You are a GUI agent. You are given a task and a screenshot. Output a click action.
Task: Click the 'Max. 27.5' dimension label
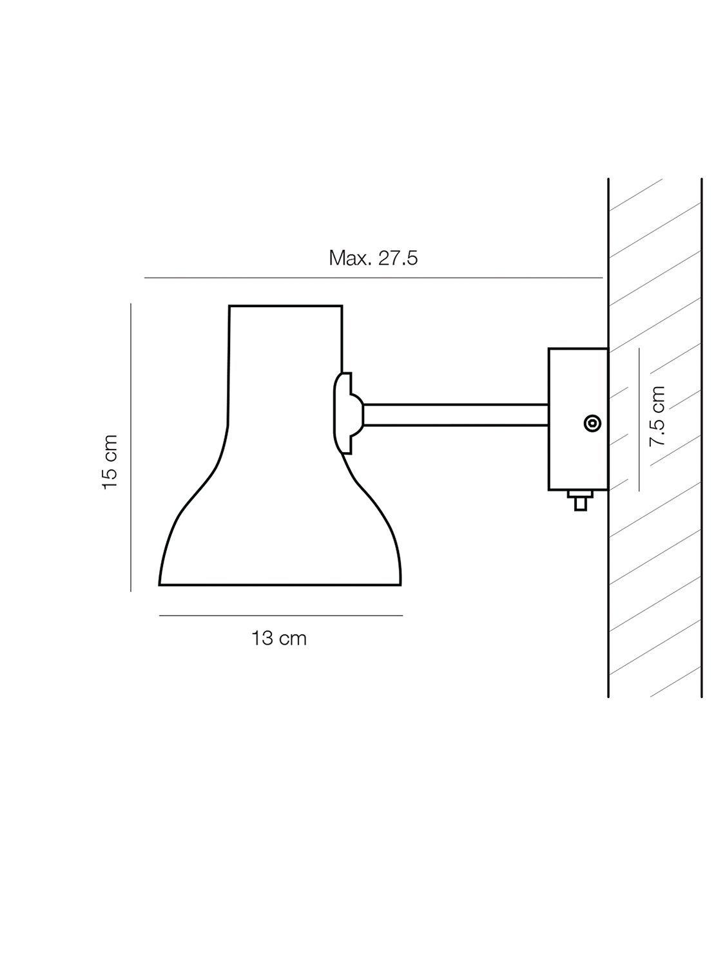click(x=373, y=258)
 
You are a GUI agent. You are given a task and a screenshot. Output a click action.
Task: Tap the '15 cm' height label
click(x=110, y=461)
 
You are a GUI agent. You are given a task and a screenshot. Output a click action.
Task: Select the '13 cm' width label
click(x=278, y=638)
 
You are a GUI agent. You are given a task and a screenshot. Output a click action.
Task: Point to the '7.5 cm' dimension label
click(x=657, y=417)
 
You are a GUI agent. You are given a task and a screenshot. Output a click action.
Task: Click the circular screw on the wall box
click(x=592, y=423)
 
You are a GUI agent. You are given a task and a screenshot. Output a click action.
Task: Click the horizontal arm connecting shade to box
click(x=455, y=415)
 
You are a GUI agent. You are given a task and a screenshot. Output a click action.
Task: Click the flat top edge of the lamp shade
click(x=285, y=305)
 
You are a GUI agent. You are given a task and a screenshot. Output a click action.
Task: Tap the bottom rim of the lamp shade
click(x=280, y=585)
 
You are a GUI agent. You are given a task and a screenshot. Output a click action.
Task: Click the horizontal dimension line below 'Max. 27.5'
click(x=373, y=278)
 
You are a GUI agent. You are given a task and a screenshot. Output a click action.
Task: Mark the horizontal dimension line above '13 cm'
click(x=280, y=616)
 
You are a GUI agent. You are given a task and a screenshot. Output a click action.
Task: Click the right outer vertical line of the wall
click(x=701, y=438)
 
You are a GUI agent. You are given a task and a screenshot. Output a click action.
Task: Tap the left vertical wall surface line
click(x=609, y=580)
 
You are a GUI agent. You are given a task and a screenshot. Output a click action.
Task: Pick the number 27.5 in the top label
click(x=398, y=258)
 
